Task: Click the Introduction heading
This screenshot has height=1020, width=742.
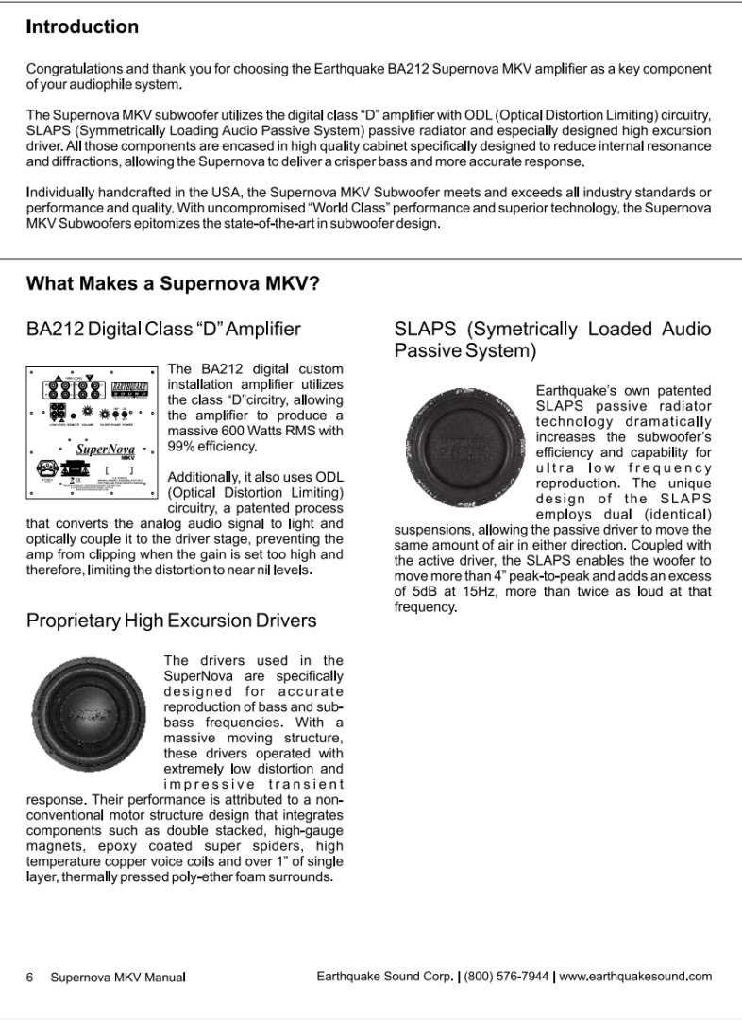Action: tap(82, 26)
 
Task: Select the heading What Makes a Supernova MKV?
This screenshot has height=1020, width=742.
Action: tap(173, 283)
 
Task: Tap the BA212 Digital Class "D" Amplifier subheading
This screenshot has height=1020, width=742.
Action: tap(163, 329)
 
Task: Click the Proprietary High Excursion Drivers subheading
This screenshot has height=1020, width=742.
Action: tap(171, 620)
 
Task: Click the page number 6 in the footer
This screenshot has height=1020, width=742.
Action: tap(30, 977)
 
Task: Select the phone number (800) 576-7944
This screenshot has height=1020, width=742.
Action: tap(507, 976)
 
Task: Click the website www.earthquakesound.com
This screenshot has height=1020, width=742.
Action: tap(635, 976)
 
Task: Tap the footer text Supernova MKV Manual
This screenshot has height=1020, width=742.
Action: tap(118, 977)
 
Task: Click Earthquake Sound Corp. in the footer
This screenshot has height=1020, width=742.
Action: tap(384, 976)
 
